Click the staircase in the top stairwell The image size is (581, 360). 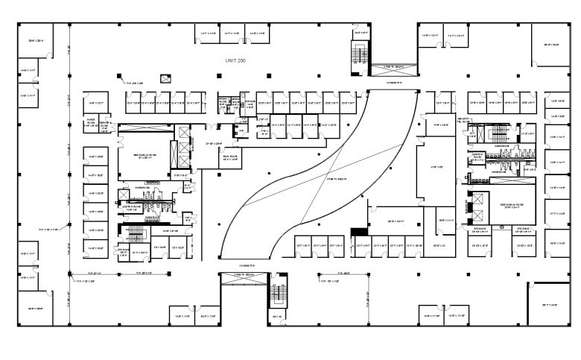click(361, 54)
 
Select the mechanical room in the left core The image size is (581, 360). click(144, 157)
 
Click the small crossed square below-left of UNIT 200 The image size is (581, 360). click(165, 78)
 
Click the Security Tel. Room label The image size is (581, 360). click(463, 121)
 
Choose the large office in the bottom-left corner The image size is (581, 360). click(35, 308)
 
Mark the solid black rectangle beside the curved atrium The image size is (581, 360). click(359, 232)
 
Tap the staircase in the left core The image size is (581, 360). click(136, 236)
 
